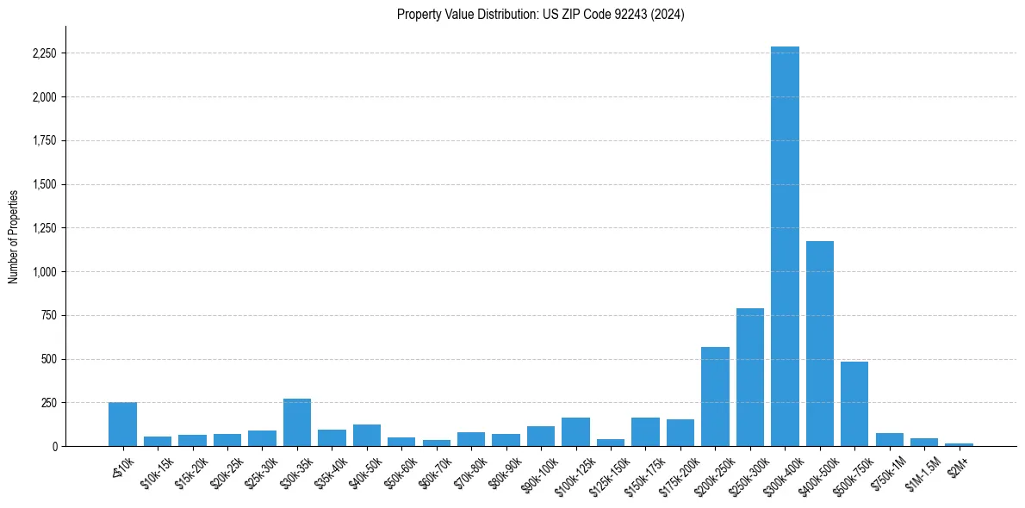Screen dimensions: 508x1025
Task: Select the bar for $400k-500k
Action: tap(819, 344)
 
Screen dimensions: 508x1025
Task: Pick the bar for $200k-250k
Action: tap(715, 397)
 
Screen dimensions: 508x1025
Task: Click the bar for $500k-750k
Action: tap(854, 404)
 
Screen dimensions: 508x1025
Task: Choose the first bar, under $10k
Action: tap(122, 424)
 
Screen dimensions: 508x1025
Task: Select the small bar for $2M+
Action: tap(959, 444)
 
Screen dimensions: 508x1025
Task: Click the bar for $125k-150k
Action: tap(611, 443)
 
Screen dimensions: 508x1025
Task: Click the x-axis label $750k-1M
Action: tap(886, 470)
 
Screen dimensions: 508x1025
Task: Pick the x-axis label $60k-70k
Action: tap(434, 470)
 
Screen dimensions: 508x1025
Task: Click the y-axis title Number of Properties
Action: tap(14, 236)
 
